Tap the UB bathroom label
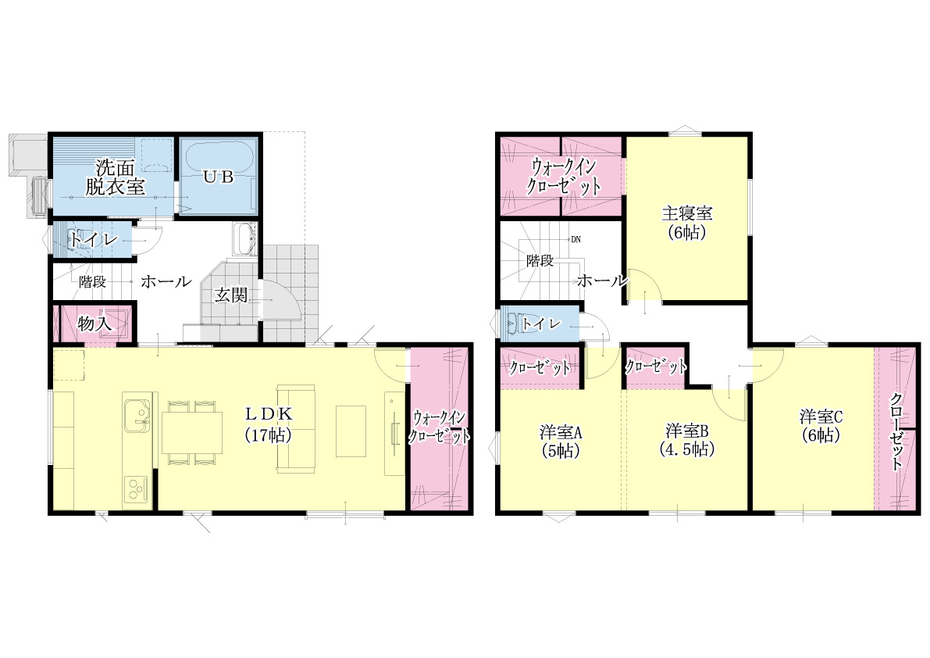point(219,176)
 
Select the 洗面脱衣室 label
point(115,176)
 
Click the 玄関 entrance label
point(230,295)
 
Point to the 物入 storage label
point(94,324)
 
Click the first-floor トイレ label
point(94,240)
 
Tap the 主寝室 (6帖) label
point(687,222)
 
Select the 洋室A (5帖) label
point(561,442)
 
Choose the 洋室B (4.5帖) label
point(687,439)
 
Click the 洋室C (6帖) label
point(821,425)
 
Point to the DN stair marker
point(576,240)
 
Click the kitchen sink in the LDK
point(137,413)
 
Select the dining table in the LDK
point(191,432)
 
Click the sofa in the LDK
point(295,428)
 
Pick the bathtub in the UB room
point(219,176)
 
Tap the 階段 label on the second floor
point(540,260)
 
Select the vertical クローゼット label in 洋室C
point(896,431)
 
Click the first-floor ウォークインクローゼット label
point(439,427)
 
